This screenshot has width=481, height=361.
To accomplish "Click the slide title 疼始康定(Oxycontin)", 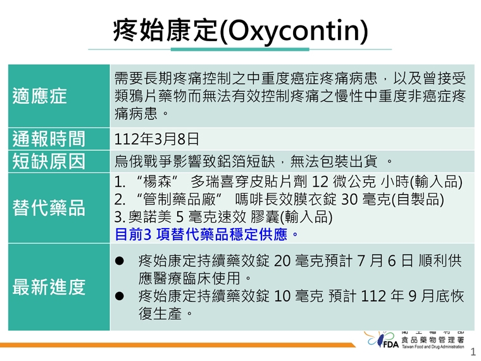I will [x=240, y=29].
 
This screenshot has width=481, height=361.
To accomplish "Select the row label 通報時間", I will [x=48, y=138].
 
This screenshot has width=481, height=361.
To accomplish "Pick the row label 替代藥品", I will [x=48, y=208].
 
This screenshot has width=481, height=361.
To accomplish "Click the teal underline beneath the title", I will [x=240, y=49].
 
